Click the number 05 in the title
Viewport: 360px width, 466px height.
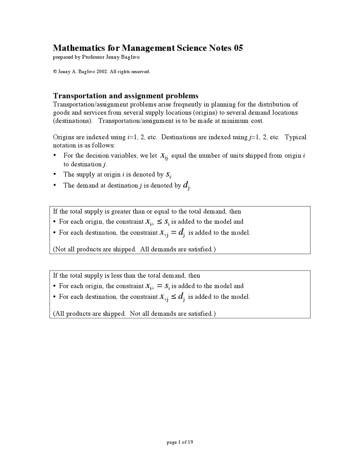pos(238,48)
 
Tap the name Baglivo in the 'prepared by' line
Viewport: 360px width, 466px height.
pos(130,57)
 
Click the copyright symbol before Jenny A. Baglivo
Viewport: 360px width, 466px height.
pos(55,72)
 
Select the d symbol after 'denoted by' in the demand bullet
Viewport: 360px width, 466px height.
pos(186,185)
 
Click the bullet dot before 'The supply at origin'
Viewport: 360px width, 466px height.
pos(55,174)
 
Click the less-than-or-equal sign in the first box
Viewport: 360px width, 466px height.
pos(159,222)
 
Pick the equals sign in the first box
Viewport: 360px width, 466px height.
pos(173,232)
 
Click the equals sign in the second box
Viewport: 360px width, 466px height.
pos(159,286)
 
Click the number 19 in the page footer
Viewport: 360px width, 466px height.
pos(190,442)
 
